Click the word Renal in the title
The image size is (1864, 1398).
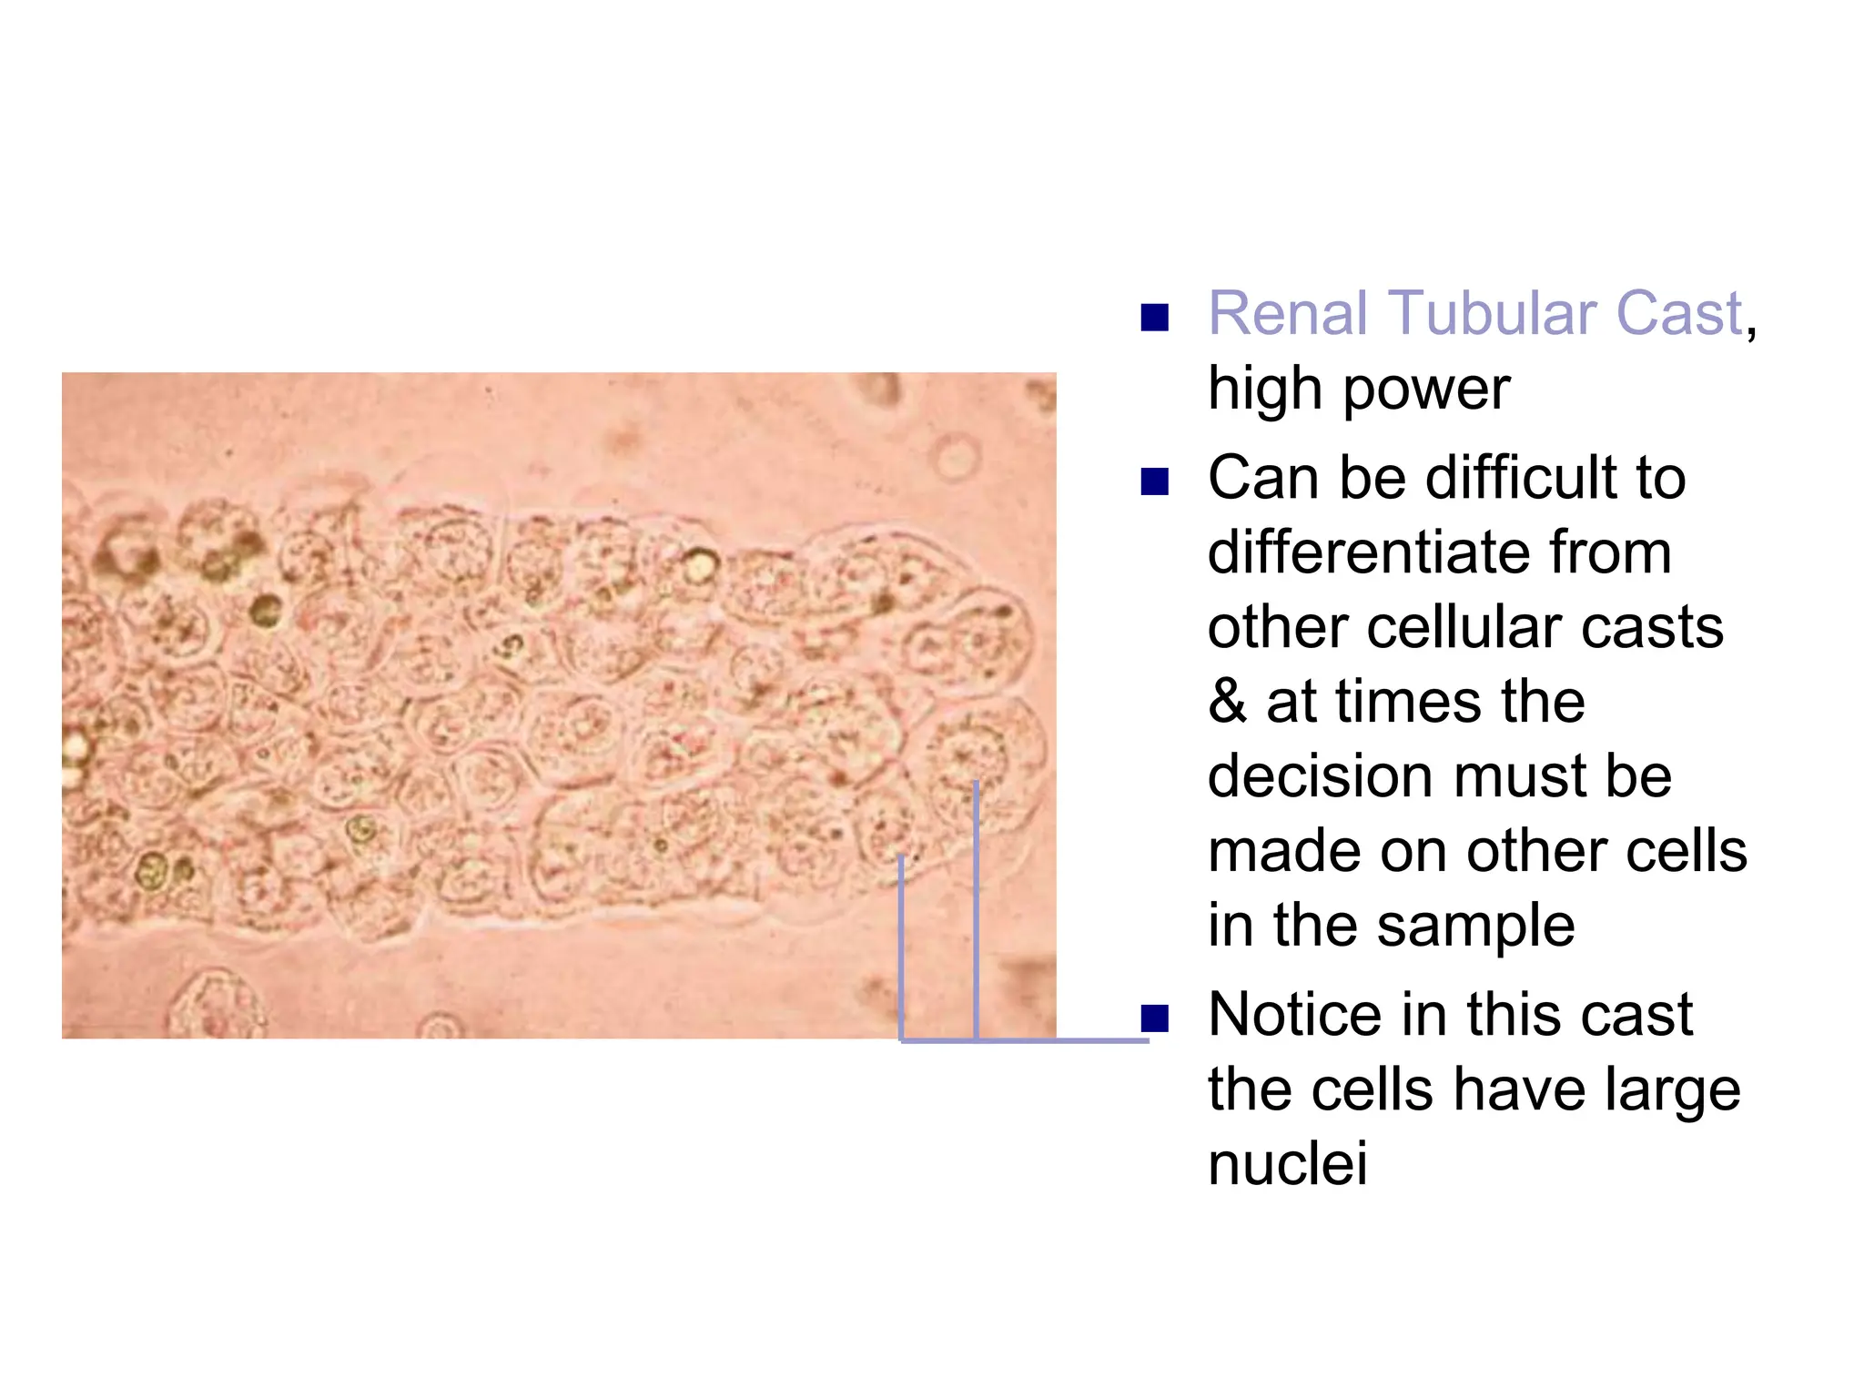[x=1285, y=314]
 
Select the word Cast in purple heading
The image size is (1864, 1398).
[x=1678, y=314]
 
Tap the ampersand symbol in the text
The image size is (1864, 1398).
[x=1227, y=702]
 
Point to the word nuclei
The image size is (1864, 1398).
[x=1287, y=1164]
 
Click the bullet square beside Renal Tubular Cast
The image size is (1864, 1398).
[x=1154, y=318]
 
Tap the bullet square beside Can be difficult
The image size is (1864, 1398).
[x=1154, y=481]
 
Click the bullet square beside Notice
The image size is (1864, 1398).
[x=1154, y=1018]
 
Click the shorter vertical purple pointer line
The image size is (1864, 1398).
[x=901, y=947]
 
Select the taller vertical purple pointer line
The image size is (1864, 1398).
[x=976, y=910]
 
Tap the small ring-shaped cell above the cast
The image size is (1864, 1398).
[x=956, y=457]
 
